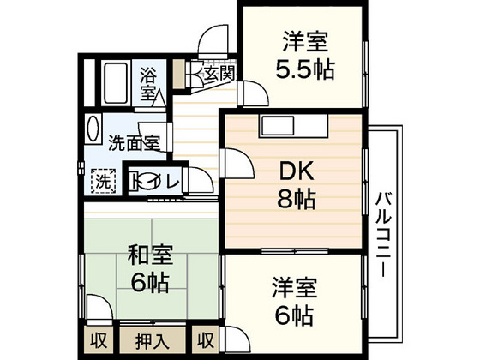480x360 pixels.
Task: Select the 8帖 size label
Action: [x=293, y=201]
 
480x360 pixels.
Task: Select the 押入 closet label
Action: [x=153, y=339]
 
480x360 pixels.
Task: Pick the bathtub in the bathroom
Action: [x=115, y=82]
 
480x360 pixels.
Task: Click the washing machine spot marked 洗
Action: [x=103, y=181]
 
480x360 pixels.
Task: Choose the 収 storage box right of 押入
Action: [x=207, y=339]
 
